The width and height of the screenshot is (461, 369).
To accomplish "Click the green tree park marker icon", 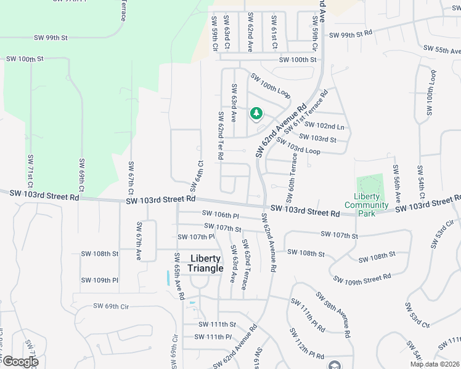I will (x=256, y=113).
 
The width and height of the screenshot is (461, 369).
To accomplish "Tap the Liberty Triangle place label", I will (x=205, y=263).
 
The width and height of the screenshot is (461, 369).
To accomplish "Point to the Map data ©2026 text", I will (x=434, y=364).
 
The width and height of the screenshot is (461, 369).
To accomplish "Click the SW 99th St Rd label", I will (x=351, y=34).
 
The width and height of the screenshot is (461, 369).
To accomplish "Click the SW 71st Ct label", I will (x=30, y=170).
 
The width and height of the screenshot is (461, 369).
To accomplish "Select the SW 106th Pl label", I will (x=220, y=215).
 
